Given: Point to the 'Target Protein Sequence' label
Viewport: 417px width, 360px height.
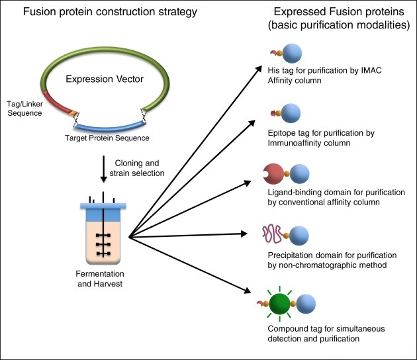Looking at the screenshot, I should [97, 138].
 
